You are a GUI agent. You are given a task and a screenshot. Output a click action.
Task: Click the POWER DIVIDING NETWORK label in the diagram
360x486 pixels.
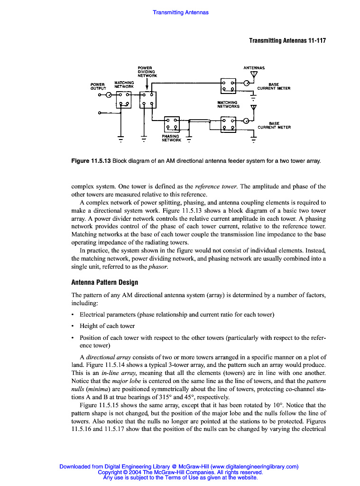pyautogui.click(x=147, y=72)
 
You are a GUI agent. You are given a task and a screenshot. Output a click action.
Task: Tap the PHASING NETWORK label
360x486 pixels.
pyautogui.click(x=171, y=138)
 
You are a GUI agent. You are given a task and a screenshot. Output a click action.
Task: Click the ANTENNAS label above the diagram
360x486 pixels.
pyautogui.click(x=254, y=68)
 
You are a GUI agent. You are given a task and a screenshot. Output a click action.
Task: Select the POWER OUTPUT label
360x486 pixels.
pyautogui.click(x=98, y=86)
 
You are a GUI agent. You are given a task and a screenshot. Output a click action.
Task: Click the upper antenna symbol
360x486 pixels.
pyautogui.click(x=253, y=75)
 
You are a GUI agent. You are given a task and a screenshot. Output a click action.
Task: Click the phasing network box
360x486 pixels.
pyautogui.click(x=171, y=124)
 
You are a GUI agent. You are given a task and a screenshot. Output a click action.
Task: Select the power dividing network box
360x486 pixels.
pyautogui.click(x=148, y=100)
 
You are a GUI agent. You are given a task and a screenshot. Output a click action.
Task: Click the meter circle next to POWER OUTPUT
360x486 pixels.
pyautogui.click(x=109, y=95)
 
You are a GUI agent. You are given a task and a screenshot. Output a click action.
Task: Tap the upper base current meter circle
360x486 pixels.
pyautogui.click(x=246, y=83)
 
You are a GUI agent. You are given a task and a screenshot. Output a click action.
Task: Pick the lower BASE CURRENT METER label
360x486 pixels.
pyautogui.click(x=274, y=125)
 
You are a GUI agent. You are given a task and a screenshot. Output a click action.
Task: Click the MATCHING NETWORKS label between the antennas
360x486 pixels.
pyautogui.click(x=228, y=104)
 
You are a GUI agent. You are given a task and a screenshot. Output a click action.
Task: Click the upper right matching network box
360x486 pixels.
pyautogui.click(x=229, y=85)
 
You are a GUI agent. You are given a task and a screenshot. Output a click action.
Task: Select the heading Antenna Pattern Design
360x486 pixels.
pyautogui.click(x=104, y=282)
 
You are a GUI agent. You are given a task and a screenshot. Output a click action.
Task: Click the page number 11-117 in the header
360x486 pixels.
pyautogui.click(x=316, y=41)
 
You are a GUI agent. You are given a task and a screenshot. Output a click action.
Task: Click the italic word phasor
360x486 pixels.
pyautogui.click(x=158, y=267)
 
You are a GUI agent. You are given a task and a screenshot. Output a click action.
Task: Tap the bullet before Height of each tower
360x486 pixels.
pyautogui.click(x=73, y=326)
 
